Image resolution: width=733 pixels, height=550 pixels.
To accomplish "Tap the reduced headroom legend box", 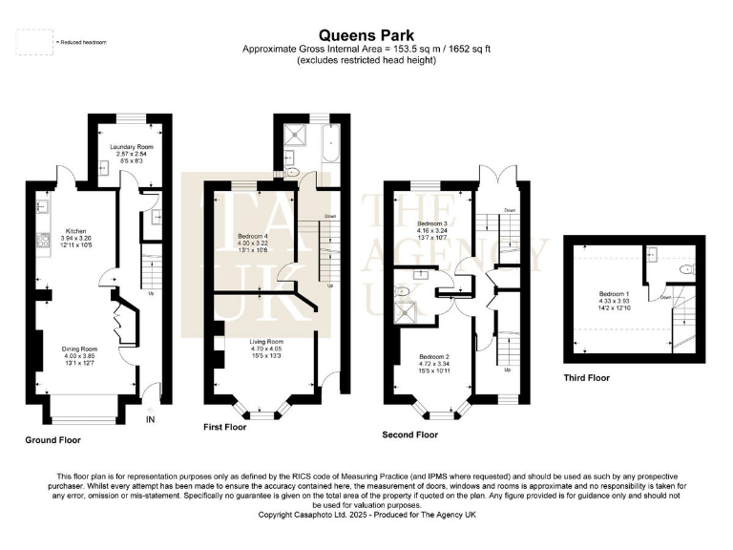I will (x=34, y=42).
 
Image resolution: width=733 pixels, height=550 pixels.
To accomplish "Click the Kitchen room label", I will (x=75, y=230).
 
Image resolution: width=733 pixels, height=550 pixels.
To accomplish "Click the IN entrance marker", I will (x=150, y=418).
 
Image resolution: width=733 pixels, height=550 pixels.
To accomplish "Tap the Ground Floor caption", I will (x=52, y=440).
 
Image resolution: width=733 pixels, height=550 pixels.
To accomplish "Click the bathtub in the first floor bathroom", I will (x=331, y=154).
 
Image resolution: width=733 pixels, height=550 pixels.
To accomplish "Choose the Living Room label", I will (x=267, y=341).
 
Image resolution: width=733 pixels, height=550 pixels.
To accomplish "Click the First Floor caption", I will (x=225, y=427).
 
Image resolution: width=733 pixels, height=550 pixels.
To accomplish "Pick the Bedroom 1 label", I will (x=612, y=293).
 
